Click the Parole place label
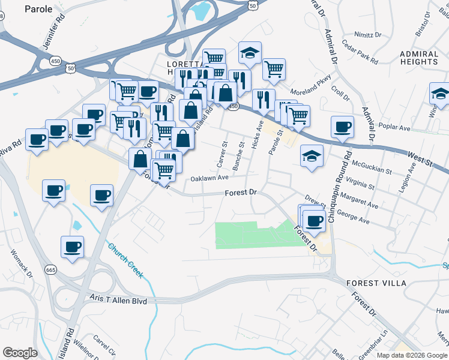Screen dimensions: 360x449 tap(38, 9)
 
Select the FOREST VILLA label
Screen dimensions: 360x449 tap(376, 283)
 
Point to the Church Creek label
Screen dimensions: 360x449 tap(125, 260)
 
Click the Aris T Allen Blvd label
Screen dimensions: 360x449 tap(118, 299)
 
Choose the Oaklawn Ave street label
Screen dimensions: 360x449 tap(209, 178)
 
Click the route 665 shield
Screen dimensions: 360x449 tap(50, 270)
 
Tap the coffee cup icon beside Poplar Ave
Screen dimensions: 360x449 tap(342, 127)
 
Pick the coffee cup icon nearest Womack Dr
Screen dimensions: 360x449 tap(72, 247)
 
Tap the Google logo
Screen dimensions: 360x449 tap(20, 353)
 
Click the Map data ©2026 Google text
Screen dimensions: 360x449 tap(412, 355)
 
